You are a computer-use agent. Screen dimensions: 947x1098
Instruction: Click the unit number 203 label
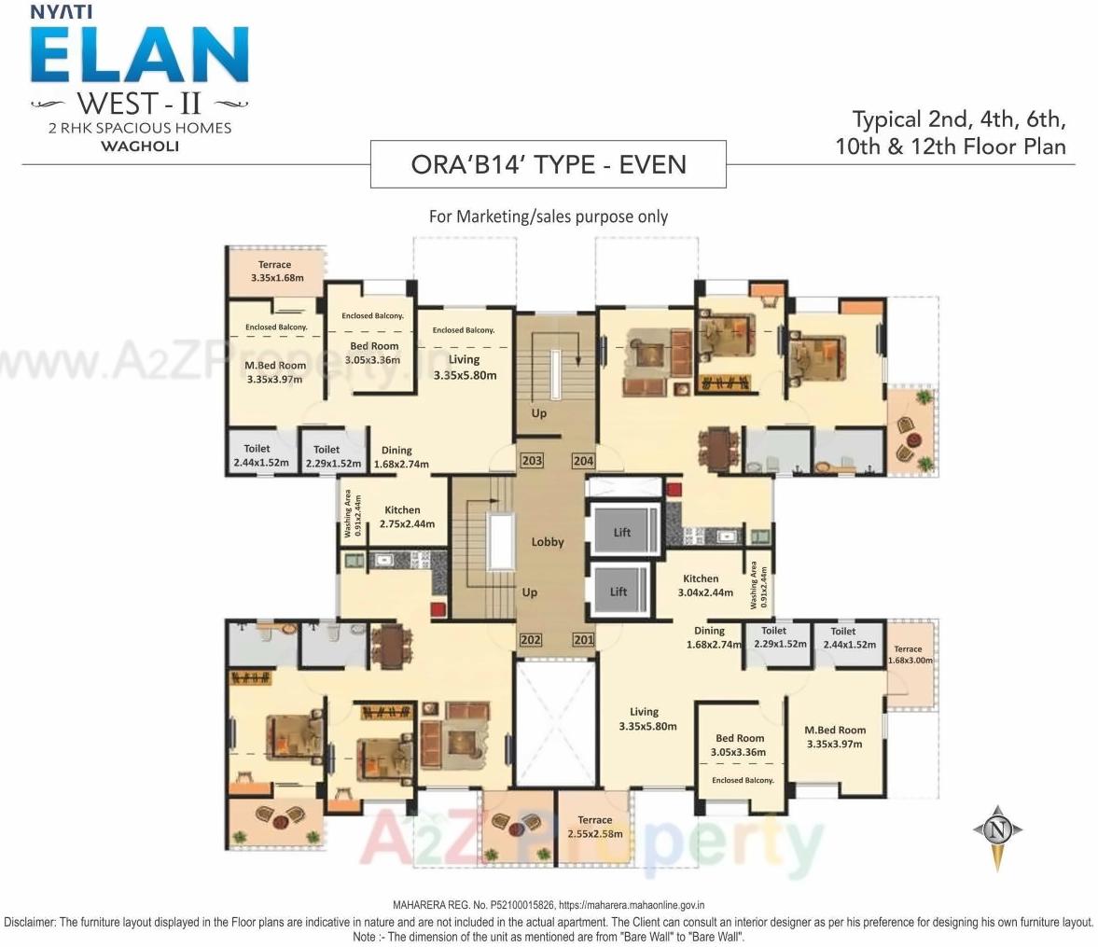click(x=532, y=461)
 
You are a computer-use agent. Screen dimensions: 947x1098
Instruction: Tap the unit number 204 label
click(x=583, y=461)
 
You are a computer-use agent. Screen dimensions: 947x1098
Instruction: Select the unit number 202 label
click(x=531, y=640)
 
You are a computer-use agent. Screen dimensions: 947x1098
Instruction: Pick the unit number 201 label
click(x=583, y=640)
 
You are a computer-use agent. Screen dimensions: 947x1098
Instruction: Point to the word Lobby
click(x=548, y=541)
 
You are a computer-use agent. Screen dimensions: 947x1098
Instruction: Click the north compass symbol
click(x=997, y=829)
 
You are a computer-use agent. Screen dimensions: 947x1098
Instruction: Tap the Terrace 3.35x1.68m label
click(x=275, y=272)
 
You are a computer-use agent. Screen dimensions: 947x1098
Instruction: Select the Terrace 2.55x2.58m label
click(x=594, y=827)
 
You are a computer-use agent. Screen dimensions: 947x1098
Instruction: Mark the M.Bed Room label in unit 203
click(x=275, y=372)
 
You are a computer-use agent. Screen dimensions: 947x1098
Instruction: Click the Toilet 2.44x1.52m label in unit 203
click(x=257, y=455)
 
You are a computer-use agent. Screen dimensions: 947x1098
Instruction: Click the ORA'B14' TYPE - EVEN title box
click(x=549, y=164)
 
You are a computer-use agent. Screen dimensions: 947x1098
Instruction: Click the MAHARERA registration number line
click(x=549, y=904)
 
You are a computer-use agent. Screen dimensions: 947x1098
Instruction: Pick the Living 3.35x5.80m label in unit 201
click(x=644, y=718)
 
